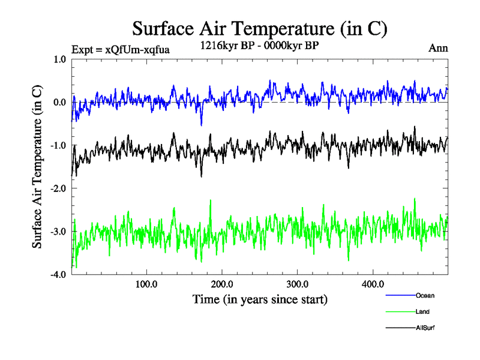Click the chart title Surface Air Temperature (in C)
tap(260, 29)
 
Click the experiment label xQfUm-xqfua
tap(120, 49)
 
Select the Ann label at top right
tap(438, 47)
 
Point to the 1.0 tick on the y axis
tap(60, 59)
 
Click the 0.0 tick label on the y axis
tap(60, 102)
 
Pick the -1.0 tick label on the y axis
tap(58, 145)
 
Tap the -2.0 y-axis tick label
tap(58, 188)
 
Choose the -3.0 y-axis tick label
tap(58, 232)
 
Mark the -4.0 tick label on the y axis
tap(58, 275)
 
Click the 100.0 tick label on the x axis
tap(146, 284)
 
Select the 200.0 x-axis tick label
tap(222, 284)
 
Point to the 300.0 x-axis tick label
tap(298, 284)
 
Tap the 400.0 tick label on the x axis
tap(373, 284)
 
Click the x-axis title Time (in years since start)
tap(260, 299)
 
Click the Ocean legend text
tap(425, 296)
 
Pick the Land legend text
tap(422, 312)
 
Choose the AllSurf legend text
tap(425, 328)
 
